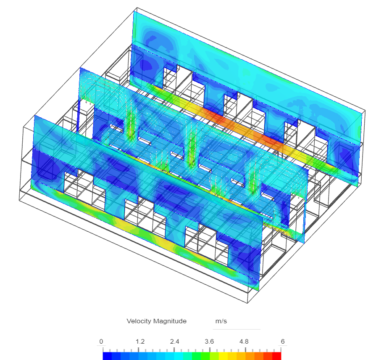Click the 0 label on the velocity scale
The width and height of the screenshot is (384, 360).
101,341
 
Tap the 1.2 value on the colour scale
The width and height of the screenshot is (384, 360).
140,341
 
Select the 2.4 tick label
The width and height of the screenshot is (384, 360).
175,341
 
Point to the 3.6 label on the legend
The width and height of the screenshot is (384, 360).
209,341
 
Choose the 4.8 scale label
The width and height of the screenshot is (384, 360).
244,341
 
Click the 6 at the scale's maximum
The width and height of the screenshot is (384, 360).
283,341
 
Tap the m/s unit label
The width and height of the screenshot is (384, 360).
221,321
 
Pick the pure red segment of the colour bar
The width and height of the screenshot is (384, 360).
277,356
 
